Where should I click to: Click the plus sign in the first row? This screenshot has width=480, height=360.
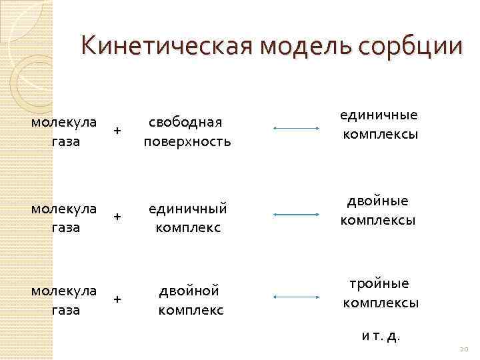click(117, 131)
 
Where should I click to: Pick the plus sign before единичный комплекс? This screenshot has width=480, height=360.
click(117, 217)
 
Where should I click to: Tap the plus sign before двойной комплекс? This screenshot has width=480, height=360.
click(117, 300)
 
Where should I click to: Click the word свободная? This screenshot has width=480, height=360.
click(185, 123)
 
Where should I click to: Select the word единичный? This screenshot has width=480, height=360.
click(187, 209)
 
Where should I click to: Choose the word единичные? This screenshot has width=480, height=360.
click(379, 115)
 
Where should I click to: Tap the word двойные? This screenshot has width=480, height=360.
click(378, 201)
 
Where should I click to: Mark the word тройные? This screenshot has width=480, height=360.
click(379, 284)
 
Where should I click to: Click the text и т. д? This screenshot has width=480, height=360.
click(381, 335)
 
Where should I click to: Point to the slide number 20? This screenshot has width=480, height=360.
click(464, 350)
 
